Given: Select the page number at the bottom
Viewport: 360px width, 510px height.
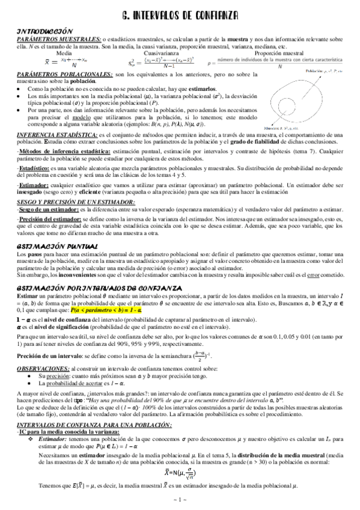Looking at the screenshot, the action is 179,500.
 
